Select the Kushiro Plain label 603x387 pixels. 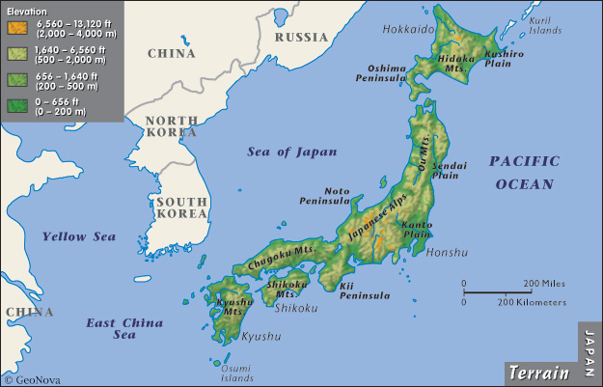[x=504, y=60]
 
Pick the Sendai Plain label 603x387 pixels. [x=450, y=171]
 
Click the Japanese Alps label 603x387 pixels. [x=372, y=220]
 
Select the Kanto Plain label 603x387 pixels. [x=416, y=229]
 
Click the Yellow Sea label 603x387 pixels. [x=78, y=236]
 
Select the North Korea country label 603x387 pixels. [x=171, y=126]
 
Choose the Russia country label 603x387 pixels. [x=301, y=37]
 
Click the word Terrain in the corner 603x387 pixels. [x=538, y=372]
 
